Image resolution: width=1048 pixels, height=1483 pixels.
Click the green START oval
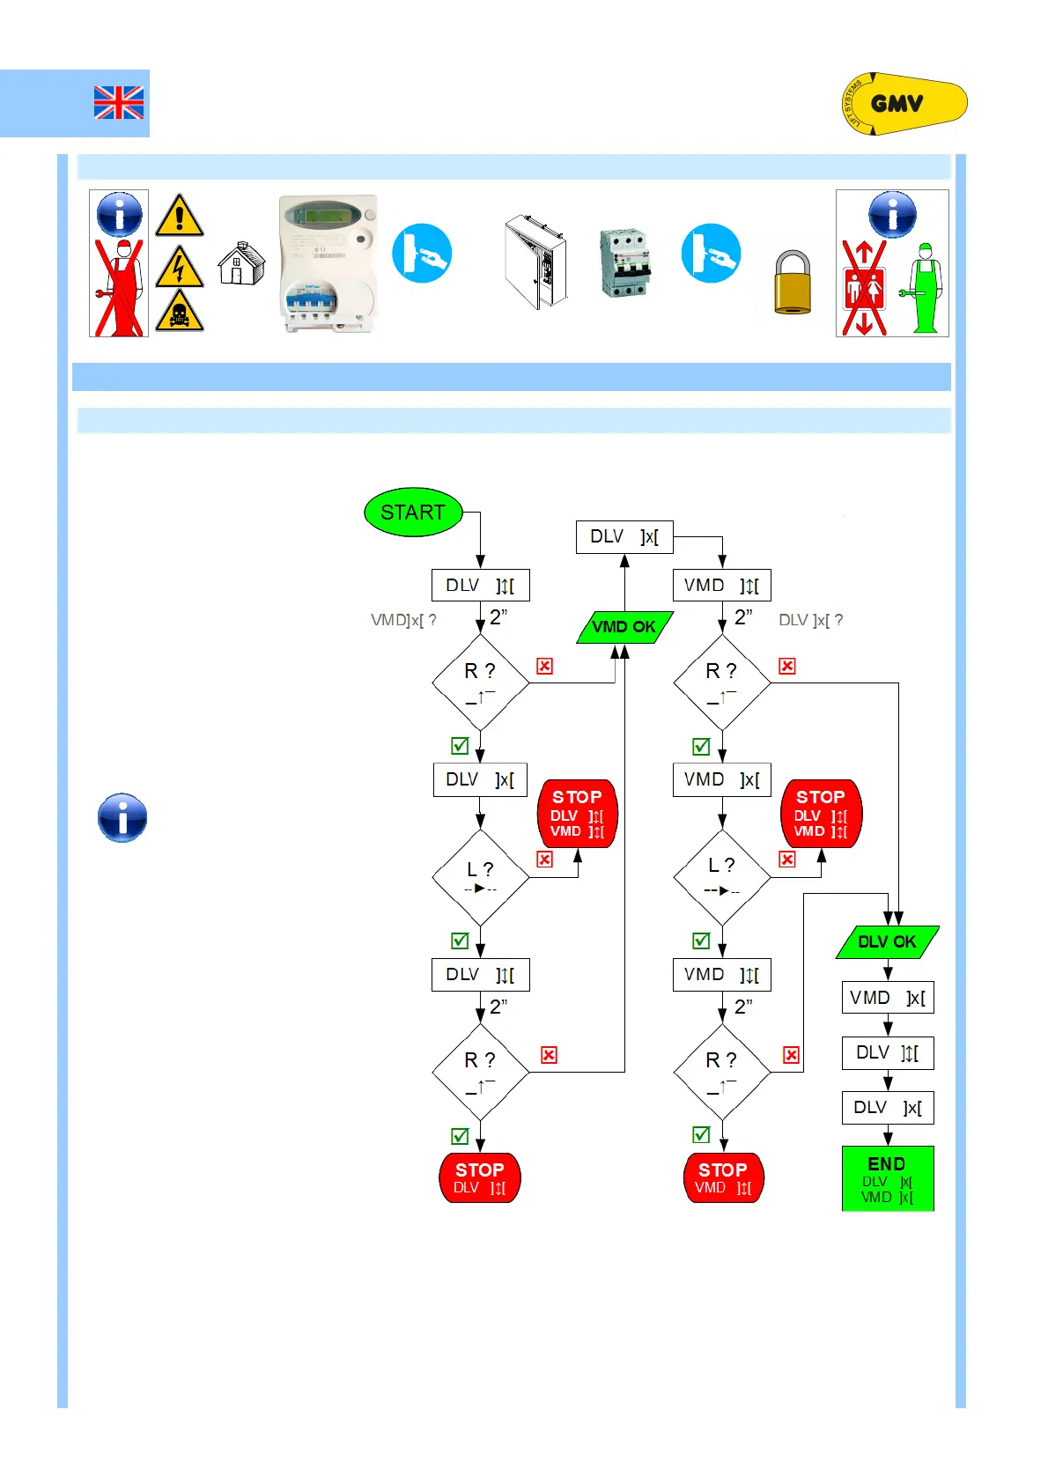pos(413,513)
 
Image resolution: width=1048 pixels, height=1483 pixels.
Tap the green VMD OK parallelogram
pos(624,627)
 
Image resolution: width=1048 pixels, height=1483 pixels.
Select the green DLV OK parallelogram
pos(887,941)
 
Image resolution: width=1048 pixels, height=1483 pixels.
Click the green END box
pos(888,1178)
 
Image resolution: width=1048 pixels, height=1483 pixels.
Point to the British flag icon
pos(119,103)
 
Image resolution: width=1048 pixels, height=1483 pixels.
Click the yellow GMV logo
pos(904,104)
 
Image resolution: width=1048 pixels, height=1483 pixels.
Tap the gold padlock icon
pos(793,282)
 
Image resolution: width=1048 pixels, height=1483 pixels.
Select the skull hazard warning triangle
pos(180,311)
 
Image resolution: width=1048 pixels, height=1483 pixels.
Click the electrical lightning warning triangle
pos(180,267)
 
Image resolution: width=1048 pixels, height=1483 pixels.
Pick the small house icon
pos(240,263)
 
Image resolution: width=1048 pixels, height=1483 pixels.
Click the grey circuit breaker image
pos(624,262)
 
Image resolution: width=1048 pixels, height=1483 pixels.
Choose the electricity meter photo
pos(328,263)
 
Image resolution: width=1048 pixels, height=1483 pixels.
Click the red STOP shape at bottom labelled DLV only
pos(480,1177)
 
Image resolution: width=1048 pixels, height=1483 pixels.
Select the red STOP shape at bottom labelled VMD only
pos(723,1177)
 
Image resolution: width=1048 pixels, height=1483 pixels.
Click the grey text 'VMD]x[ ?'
pos(403,620)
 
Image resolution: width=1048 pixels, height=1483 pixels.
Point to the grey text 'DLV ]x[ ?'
pos(810,620)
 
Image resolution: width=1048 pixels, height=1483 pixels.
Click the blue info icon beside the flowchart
pos(122,818)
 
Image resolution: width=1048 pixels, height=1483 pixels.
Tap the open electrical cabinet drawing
pos(535,262)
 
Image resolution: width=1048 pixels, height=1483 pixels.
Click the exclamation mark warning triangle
pos(180,216)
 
